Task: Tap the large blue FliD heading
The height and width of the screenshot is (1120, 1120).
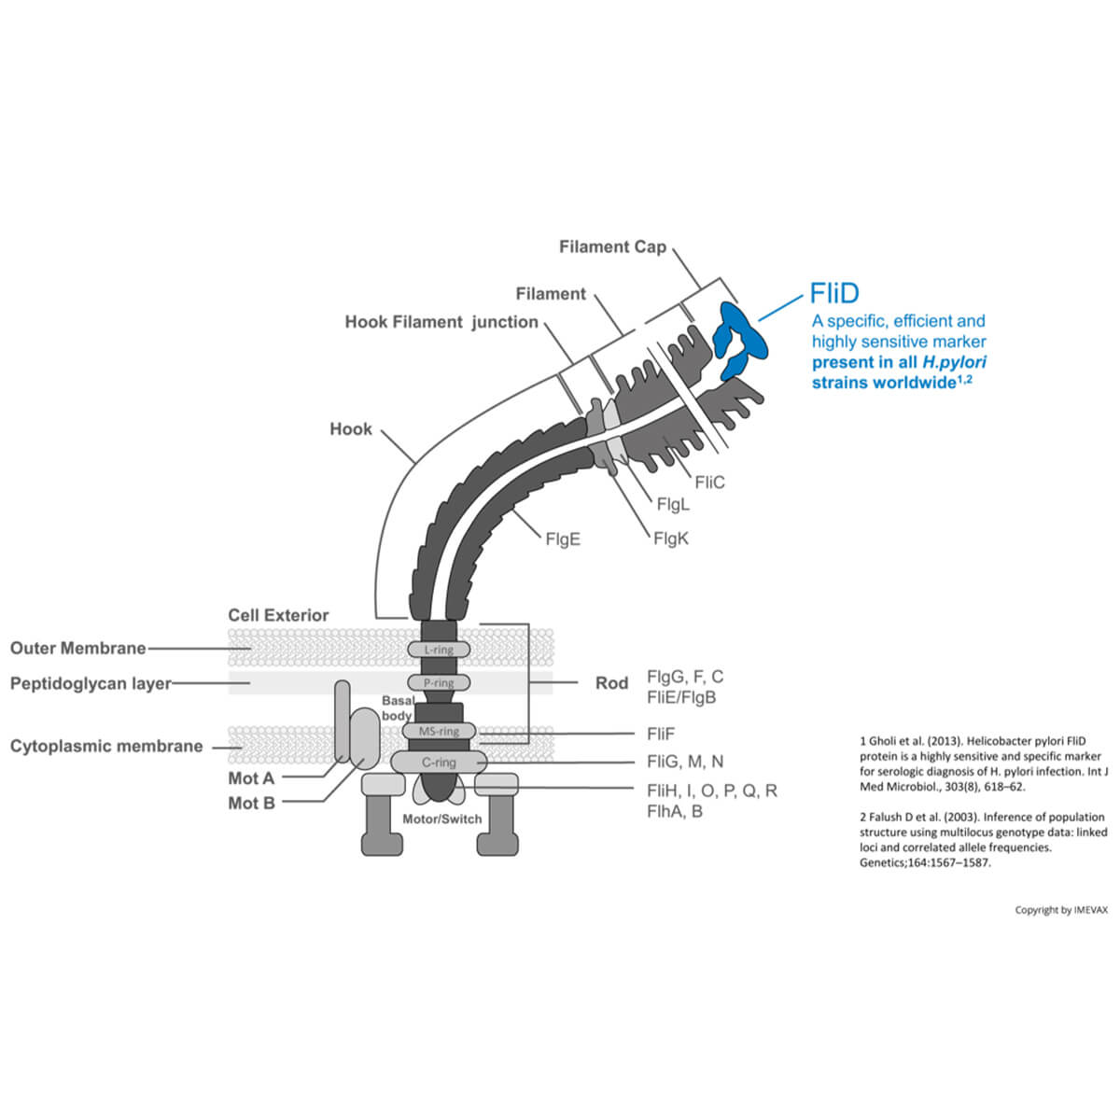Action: pyautogui.click(x=833, y=294)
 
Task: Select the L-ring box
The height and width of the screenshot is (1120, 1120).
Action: pyautogui.click(x=439, y=649)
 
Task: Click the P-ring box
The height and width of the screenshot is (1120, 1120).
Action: pyautogui.click(x=439, y=682)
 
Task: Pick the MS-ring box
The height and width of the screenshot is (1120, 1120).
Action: pyautogui.click(x=439, y=731)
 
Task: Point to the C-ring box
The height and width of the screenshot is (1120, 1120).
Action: pyautogui.click(x=439, y=763)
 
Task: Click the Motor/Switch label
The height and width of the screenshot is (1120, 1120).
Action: pyautogui.click(x=442, y=819)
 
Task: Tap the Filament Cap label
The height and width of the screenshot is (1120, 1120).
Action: pyautogui.click(x=612, y=247)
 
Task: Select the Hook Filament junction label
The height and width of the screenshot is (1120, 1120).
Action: pyautogui.click(x=441, y=322)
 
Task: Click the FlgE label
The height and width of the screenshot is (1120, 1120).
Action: pyautogui.click(x=563, y=539)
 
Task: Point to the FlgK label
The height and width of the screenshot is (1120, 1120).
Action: pyautogui.click(x=671, y=539)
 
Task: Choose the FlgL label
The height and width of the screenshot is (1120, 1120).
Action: pyautogui.click(x=673, y=505)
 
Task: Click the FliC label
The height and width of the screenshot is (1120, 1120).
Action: pyautogui.click(x=709, y=483)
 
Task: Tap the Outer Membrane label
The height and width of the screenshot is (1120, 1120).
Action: pyautogui.click(x=78, y=648)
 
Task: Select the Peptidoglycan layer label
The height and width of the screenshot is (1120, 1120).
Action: pyautogui.click(x=91, y=683)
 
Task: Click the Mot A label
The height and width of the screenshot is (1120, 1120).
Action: pyautogui.click(x=251, y=778)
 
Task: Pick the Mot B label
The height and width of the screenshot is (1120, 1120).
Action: pyautogui.click(x=251, y=804)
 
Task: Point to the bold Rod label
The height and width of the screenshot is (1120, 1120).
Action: pyautogui.click(x=611, y=683)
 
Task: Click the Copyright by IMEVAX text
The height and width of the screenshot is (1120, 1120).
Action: pyautogui.click(x=1061, y=910)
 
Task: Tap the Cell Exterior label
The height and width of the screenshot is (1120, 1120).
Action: pyautogui.click(x=278, y=615)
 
